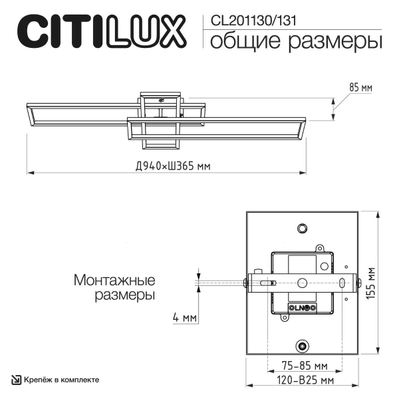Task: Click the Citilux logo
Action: click(100, 31)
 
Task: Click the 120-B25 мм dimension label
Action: click(303, 381)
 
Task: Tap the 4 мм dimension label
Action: click(184, 318)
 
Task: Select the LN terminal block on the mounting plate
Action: click(302, 307)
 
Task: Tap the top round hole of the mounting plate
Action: click(303, 229)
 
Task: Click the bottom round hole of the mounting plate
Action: click(303, 346)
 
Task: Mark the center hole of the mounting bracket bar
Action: click(303, 283)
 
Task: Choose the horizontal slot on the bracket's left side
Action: click(267, 283)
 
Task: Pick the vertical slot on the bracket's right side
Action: click(342, 283)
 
